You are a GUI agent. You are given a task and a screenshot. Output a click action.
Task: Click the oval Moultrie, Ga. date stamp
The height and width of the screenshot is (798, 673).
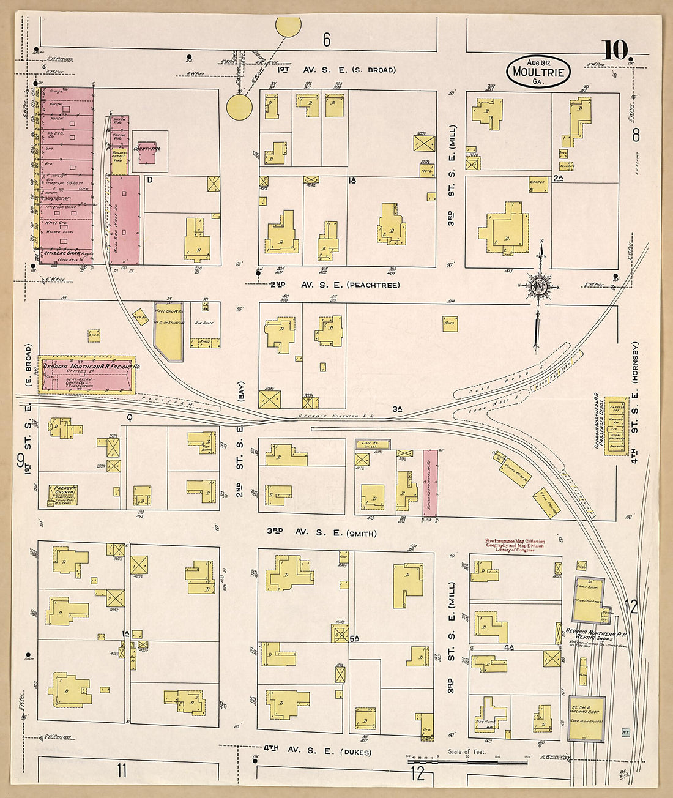pos(538,72)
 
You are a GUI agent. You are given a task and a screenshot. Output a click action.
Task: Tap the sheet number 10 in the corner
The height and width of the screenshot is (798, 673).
pos(615,51)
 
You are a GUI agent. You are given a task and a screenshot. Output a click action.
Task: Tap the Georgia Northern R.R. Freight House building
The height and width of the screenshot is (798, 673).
pos(86,375)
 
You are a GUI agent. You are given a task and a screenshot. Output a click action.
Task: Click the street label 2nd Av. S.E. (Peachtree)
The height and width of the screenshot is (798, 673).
pos(335,285)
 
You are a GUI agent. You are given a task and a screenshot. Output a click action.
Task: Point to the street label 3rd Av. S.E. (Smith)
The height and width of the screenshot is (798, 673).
pos(321,533)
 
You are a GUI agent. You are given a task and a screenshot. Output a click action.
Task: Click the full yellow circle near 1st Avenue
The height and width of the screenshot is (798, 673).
pos(239,106)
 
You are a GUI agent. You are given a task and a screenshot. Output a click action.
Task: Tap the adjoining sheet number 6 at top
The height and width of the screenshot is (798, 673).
pos(327,40)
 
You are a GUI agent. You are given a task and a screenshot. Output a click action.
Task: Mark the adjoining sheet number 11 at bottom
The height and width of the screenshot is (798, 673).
pos(122,770)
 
